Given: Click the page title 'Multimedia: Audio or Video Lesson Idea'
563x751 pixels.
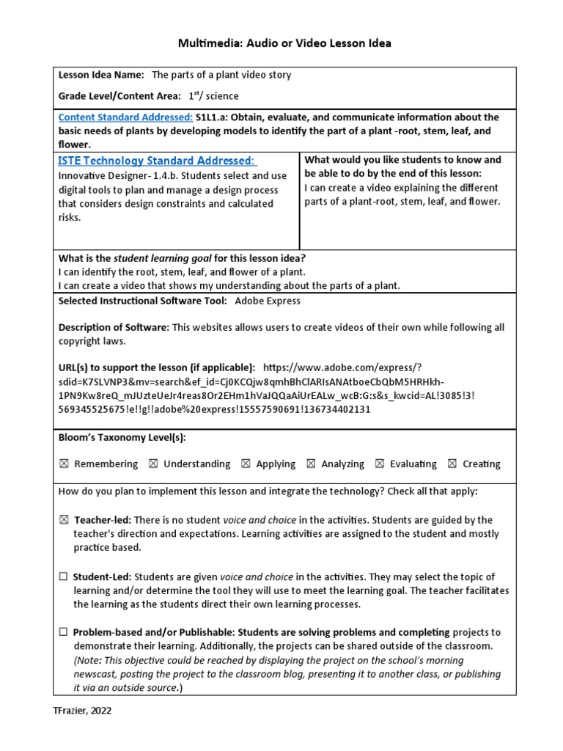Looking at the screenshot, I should click(284, 43).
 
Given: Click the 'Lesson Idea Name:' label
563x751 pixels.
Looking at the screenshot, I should click(101, 75).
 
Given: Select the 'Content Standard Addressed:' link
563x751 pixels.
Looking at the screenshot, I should click(125, 117).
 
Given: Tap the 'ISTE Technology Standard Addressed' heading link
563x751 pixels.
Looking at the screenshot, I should click(157, 161).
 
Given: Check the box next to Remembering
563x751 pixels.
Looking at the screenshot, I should click(64, 464).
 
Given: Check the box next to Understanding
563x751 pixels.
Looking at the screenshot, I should click(152, 464).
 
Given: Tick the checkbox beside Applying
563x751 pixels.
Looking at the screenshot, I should click(246, 464).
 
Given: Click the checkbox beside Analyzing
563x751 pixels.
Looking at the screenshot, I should click(311, 464).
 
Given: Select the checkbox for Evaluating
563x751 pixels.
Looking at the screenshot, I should click(380, 464).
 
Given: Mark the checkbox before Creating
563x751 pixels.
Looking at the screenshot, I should click(452, 464).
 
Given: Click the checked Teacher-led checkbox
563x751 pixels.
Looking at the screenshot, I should click(64, 520).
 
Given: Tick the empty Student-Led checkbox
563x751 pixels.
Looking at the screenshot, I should click(64, 577).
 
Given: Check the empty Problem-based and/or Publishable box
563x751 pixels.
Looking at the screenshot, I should click(64, 632).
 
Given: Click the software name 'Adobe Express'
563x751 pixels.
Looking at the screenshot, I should click(267, 301).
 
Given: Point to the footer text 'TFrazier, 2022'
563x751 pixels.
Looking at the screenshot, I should click(82, 711).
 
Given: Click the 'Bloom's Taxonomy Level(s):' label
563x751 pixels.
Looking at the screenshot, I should click(122, 438).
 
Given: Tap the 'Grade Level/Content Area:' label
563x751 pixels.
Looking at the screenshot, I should click(119, 96).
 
